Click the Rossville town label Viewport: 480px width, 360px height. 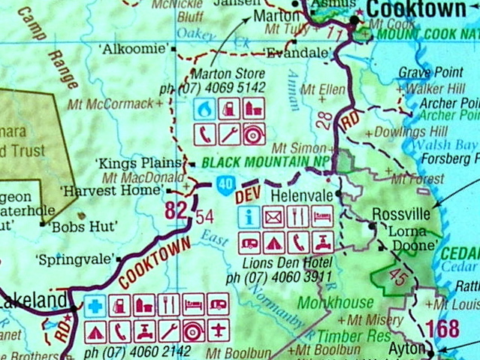(406, 213)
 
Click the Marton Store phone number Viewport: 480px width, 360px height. (228, 86)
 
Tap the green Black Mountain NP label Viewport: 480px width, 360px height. (266, 162)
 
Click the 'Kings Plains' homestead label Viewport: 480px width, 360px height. (140, 162)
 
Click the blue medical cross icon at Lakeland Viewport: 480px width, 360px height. (95, 306)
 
